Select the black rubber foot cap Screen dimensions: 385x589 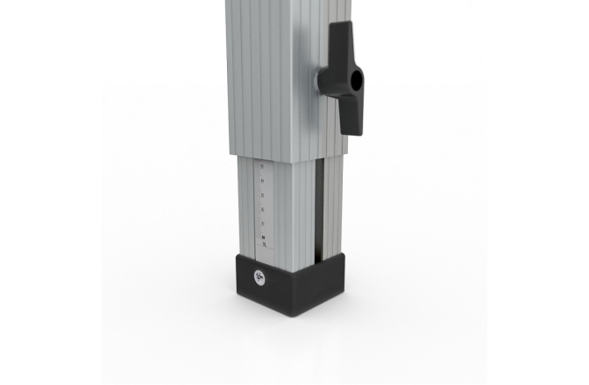[289, 284]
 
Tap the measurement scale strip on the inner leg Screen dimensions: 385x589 [261, 206]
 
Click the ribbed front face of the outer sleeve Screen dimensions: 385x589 [263, 79]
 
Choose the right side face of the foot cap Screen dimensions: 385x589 [328, 280]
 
